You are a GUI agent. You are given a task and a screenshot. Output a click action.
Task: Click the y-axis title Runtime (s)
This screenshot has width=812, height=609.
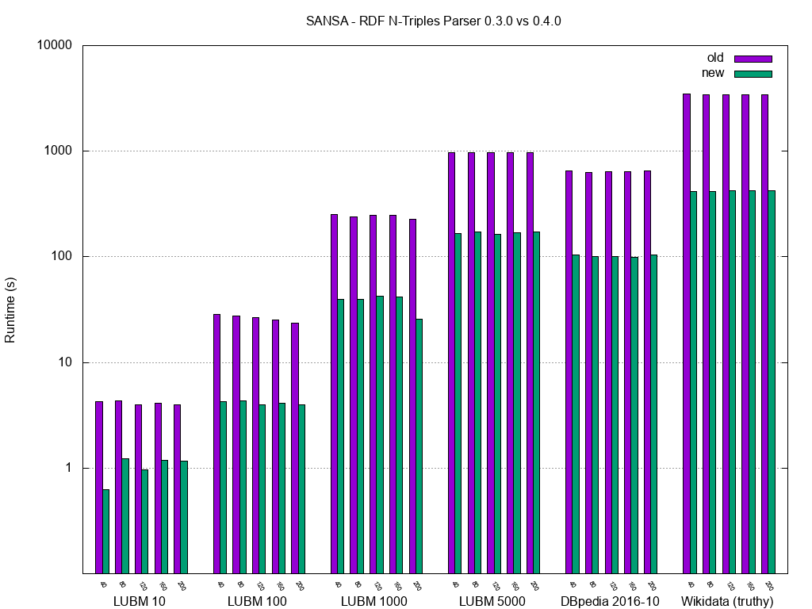(x=10, y=309)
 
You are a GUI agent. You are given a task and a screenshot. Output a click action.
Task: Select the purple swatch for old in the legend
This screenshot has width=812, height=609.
(x=753, y=59)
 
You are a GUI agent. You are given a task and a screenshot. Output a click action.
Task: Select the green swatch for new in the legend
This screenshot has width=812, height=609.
(x=753, y=74)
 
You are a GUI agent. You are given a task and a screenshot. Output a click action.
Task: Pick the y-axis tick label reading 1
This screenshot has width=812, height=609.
(x=67, y=469)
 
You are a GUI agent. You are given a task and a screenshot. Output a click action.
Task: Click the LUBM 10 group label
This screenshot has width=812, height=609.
(x=140, y=601)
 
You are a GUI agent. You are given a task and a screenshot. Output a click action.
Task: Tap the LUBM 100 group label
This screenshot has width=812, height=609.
(x=257, y=601)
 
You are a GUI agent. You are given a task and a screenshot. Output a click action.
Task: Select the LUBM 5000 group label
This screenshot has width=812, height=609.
(x=492, y=601)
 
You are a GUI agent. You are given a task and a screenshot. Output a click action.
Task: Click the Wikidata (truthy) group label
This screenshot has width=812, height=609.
(x=727, y=601)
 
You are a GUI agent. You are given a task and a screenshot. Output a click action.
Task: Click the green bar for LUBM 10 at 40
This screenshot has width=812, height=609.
(x=106, y=531)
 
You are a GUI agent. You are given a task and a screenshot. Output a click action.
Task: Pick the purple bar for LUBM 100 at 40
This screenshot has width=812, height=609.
(x=216, y=443)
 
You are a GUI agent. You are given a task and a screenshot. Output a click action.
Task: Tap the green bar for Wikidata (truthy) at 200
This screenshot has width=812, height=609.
(x=772, y=381)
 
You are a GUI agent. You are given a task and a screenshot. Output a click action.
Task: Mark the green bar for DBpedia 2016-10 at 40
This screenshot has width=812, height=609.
(x=576, y=413)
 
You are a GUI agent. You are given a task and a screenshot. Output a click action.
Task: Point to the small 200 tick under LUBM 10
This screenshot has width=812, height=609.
(x=181, y=586)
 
